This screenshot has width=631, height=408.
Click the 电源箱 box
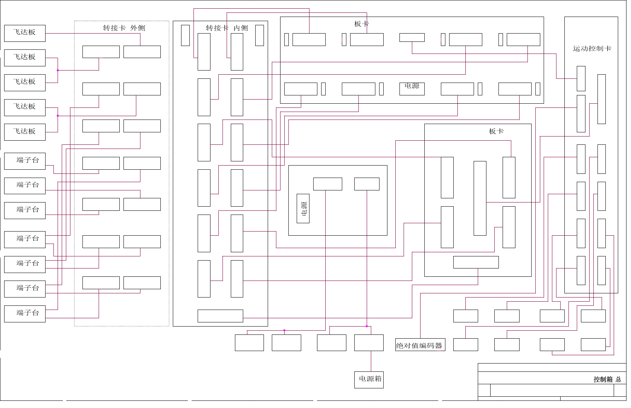click(x=369, y=380)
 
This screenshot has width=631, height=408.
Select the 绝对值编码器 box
click(x=420, y=345)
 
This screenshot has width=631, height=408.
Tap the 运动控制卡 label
click(x=592, y=49)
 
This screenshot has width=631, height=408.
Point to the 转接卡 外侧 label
click(x=124, y=28)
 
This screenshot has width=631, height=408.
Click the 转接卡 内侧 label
click(x=227, y=28)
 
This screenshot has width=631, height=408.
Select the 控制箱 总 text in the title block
click(x=607, y=379)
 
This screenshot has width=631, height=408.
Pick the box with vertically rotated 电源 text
click(x=303, y=209)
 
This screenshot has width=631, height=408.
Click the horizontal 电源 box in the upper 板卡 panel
click(x=412, y=89)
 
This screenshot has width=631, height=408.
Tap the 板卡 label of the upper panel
click(x=361, y=24)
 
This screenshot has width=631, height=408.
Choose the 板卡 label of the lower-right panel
click(x=496, y=131)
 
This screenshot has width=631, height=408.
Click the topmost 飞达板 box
click(x=25, y=33)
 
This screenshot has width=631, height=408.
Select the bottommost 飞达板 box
click(x=25, y=132)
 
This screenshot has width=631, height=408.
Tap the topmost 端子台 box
click(x=25, y=161)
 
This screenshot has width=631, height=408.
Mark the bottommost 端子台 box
click(x=25, y=314)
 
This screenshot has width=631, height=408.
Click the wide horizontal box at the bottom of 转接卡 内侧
click(x=220, y=316)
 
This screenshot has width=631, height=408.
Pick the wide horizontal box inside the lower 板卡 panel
click(x=476, y=262)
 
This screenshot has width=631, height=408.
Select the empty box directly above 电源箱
click(x=369, y=343)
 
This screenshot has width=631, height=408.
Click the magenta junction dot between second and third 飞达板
click(x=58, y=70)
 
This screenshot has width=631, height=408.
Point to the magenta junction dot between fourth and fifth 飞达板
click(x=58, y=116)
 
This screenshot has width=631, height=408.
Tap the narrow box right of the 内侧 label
click(x=259, y=35)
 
